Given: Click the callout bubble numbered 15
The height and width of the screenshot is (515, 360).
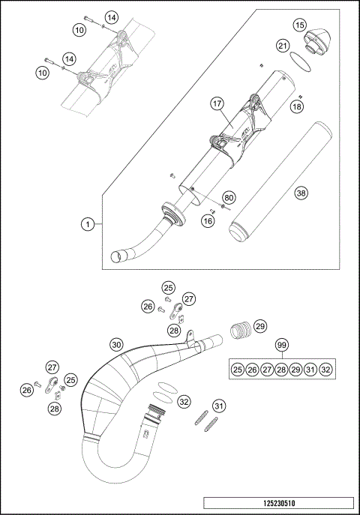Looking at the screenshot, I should [299, 25].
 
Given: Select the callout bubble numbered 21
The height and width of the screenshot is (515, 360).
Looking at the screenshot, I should [283, 46].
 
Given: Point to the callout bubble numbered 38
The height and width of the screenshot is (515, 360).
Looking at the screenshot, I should [301, 193].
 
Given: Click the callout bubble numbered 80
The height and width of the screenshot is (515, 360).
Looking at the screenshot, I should [229, 198].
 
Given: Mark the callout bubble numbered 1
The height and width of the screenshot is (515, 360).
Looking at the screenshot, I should [88, 223].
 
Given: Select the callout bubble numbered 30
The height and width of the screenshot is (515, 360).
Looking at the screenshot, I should [116, 344].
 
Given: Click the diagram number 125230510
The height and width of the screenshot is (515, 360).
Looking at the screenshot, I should [277, 504].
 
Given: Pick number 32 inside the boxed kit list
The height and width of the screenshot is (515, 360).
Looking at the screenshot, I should [325, 370].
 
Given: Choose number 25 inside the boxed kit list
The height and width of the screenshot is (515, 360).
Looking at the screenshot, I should [237, 370].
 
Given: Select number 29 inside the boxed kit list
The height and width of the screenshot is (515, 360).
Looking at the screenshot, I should [296, 370].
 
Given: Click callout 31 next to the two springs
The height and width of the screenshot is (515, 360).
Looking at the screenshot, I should [218, 406].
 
